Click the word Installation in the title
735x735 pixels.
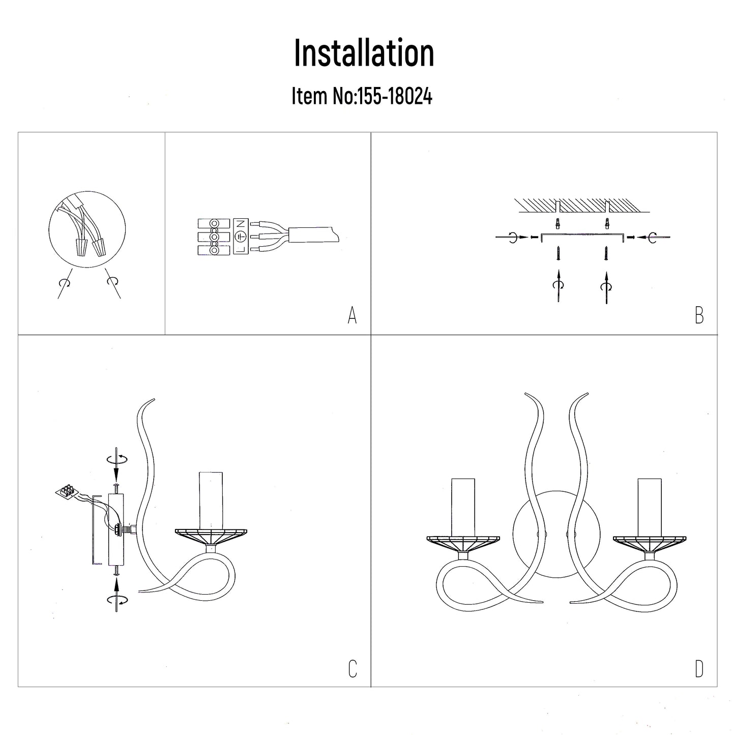click(364, 53)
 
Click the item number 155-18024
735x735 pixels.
click(394, 96)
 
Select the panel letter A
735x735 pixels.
click(352, 315)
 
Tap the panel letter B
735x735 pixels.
click(699, 315)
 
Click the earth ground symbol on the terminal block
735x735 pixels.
click(241, 237)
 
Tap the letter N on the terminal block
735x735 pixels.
click(241, 223)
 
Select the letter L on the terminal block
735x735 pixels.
click(241, 249)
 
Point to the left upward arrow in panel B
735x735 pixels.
click(558, 286)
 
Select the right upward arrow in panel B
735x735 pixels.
click(606, 287)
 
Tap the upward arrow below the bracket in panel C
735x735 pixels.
click(116, 595)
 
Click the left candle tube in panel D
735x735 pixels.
click(463, 507)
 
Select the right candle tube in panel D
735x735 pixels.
click(650, 507)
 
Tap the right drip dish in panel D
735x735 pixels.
click(650, 544)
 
